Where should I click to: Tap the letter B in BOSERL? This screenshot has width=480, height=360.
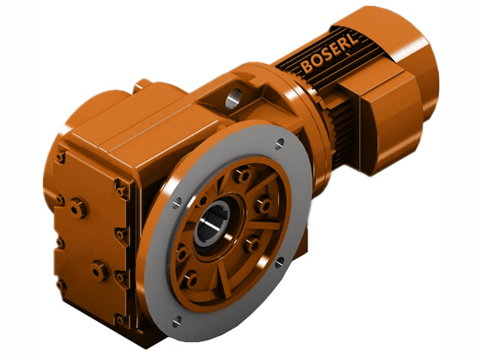pos(307,67)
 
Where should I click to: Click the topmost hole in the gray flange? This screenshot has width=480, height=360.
pos(280,143)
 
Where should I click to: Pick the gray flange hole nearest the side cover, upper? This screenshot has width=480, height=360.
pos(176,203)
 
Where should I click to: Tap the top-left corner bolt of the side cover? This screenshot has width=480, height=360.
pos(61,157)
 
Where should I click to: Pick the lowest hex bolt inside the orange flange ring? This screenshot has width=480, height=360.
pos(190,278)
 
